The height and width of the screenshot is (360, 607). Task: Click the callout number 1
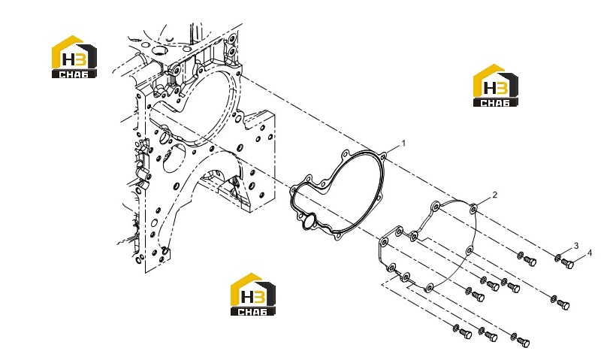click(403, 144)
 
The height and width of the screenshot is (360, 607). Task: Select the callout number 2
click(495, 195)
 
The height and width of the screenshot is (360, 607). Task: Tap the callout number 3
click(576, 246)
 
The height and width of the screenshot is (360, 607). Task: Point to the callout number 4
click(590, 253)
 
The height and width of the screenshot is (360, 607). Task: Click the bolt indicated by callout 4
click(567, 263)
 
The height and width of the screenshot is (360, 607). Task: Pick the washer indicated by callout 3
click(557, 258)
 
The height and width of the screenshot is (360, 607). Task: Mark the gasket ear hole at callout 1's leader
click(383, 156)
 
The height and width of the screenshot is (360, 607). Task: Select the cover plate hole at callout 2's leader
click(473, 210)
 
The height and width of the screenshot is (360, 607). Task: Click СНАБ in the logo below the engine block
click(253, 311)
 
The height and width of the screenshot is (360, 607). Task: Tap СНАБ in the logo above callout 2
click(496, 102)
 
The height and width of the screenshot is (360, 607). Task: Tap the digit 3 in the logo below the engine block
click(259, 297)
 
